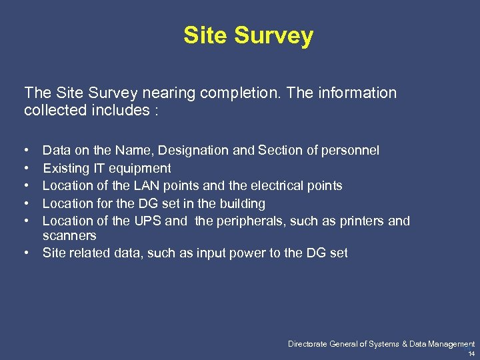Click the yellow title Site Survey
248,35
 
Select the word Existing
65,168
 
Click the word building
241,203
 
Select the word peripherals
257,221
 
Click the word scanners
69,235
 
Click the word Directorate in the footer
309,344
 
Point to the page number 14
471,353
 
